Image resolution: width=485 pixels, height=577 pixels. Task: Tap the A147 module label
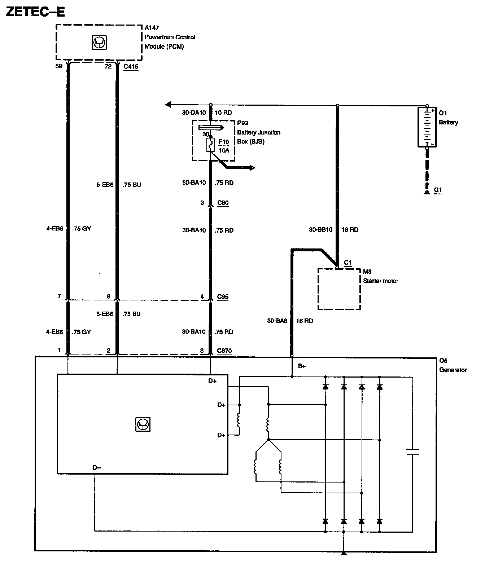152,28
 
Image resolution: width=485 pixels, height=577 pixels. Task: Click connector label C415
131,67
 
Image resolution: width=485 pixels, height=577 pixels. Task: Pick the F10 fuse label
224,142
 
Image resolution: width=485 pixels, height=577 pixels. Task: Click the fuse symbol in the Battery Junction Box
211,144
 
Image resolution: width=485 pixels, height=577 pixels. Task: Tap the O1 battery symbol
427,127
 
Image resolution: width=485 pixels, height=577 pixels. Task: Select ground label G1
438,190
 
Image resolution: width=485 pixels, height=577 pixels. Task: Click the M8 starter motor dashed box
339,289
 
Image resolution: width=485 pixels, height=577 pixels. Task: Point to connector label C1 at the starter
348,263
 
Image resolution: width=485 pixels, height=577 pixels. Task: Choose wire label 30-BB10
320,230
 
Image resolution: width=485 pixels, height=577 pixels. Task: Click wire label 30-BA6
277,321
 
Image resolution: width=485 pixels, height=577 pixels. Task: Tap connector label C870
224,351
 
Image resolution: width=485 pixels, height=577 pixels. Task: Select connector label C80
223,203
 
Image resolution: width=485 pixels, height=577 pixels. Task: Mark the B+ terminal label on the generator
302,366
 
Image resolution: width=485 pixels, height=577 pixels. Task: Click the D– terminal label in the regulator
97,468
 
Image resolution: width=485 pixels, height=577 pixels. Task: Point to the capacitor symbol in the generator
412,452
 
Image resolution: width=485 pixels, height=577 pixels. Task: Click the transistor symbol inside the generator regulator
143,424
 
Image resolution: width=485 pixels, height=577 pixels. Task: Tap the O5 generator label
443,361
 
